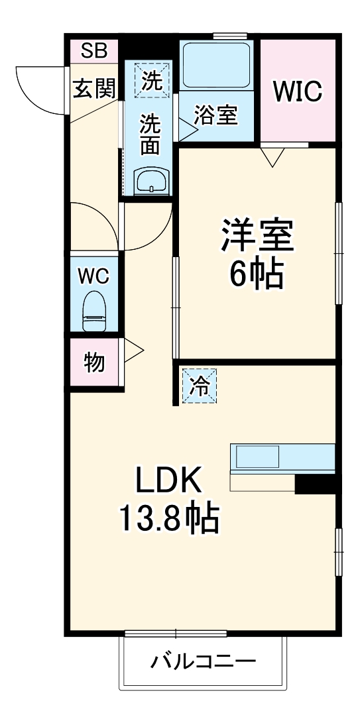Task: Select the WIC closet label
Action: click(x=298, y=91)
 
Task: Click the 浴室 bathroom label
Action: click(x=215, y=115)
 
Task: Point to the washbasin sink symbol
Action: click(x=152, y=180)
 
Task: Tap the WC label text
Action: click(x=94, y=276)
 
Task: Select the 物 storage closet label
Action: click(x=94, y=362)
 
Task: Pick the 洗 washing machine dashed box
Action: click(x=152, y=80)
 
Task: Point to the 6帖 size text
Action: click(x=257, y=274)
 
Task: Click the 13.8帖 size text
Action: click(x=168, y=520)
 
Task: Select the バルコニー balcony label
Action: click(x=202, y=661)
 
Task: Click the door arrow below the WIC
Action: click(x=272, y=157)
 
